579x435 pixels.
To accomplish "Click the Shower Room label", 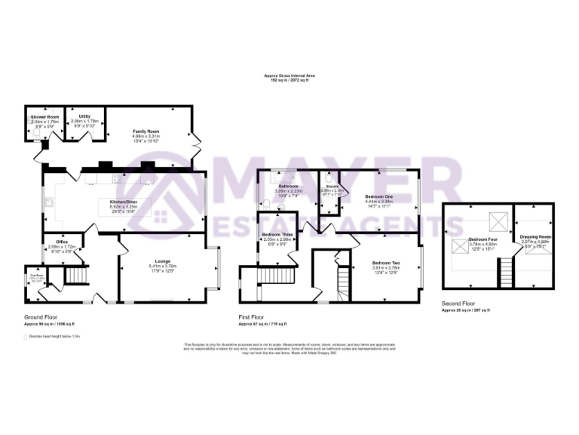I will point(44,117).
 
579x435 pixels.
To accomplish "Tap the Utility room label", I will point(85,116).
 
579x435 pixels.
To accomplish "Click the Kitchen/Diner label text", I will point(124,202).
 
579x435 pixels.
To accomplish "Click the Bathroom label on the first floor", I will point(289,186).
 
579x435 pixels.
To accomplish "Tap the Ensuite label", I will point(331,185).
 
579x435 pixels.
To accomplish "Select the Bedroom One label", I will point(378,196).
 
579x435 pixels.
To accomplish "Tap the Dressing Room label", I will point(535,237).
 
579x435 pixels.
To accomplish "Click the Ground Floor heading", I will point(40,317).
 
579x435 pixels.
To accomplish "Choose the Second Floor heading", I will point(458,304).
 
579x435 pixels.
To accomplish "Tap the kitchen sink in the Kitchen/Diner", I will point(49,202).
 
